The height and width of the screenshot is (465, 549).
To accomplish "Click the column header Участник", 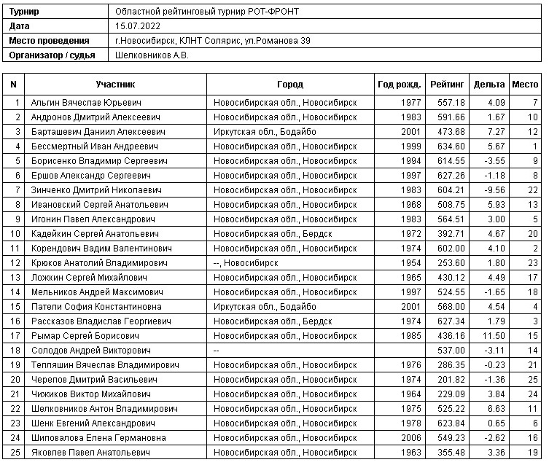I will tap(116, 85).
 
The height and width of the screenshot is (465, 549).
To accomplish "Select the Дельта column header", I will tap(488, 85).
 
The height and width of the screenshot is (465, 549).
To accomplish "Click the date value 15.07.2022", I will tap(139, 26).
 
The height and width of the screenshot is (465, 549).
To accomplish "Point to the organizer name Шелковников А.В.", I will tap(152, 55).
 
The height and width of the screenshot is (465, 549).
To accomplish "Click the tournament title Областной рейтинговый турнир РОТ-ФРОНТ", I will tap(207, 12).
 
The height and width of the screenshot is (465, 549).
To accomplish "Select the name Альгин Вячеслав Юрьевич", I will tap(86, 102).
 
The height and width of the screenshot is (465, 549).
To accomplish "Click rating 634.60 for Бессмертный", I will tap(451, 146).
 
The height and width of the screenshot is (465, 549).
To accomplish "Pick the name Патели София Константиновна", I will tap(96, 306).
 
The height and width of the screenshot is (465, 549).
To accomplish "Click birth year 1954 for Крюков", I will tap(410, 262).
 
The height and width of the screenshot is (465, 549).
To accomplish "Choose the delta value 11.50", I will tap(493, 335).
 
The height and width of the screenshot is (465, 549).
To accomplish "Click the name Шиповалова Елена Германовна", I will tap(98, 437).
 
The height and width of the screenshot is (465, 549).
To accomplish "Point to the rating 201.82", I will tap(451, 379).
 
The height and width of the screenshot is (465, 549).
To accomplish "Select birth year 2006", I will tap(410, 437).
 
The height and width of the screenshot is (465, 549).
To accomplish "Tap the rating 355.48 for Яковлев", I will tap(451, 452).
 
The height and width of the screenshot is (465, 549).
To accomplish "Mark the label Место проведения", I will tap(50, 41).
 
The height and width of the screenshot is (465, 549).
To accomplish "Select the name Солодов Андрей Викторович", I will tap(90, 350).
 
